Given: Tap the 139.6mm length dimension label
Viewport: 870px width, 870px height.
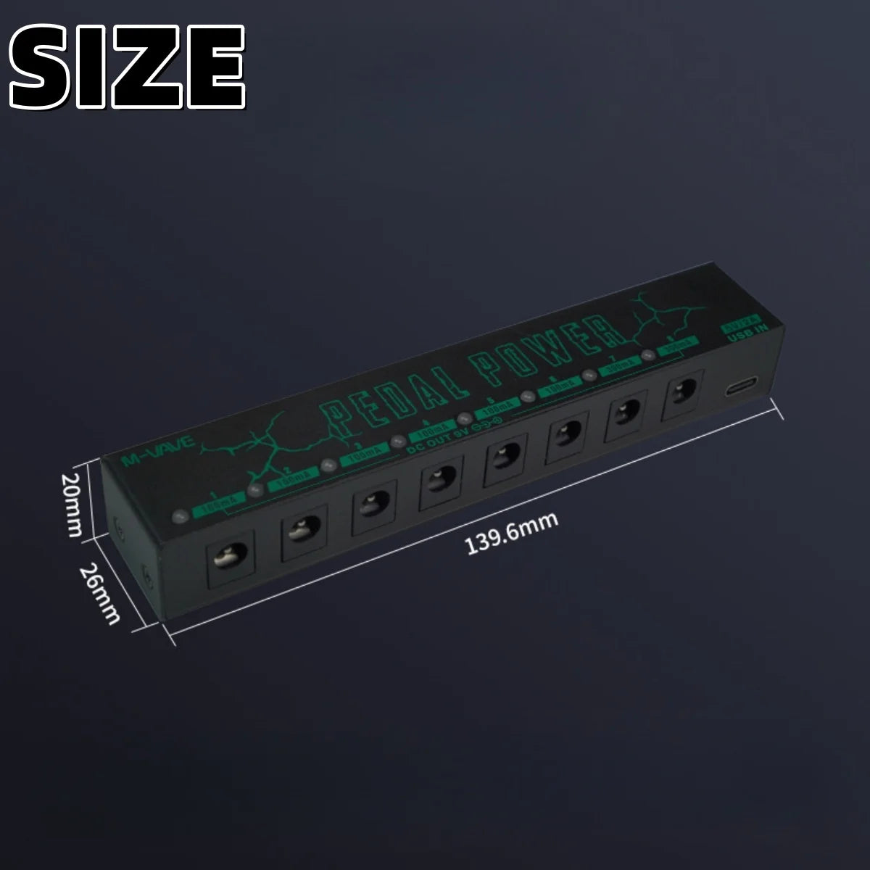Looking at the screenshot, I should [x=510, y=534].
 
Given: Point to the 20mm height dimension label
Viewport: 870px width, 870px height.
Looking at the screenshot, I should [x=72, y=505].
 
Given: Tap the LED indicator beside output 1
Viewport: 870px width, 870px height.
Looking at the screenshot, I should [x=179, y=517].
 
